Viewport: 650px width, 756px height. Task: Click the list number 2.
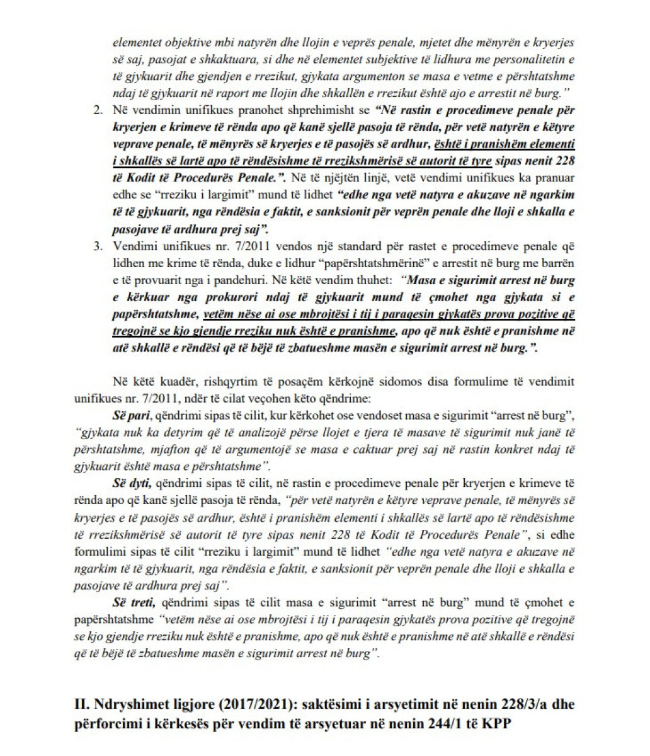pyautogui.click(x=97, y=110)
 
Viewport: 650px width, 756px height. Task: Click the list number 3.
pyautogui.click(x=97, y=245)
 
